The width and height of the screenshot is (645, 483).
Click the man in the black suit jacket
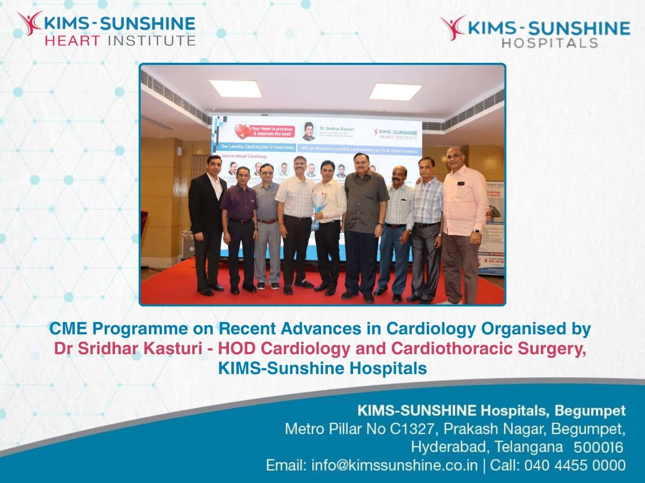pos(206,220)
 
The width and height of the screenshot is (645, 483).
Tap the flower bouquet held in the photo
pos(319,209)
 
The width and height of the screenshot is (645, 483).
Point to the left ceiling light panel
pos(235,88)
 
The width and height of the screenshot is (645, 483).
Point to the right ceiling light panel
pos(395,91)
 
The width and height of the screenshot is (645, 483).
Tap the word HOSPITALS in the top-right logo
pos(549,42)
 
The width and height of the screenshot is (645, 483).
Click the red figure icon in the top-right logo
pos(453,27)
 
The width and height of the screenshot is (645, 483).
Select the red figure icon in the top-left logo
pos(30,23)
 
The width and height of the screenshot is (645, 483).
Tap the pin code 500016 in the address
pos(598,447)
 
